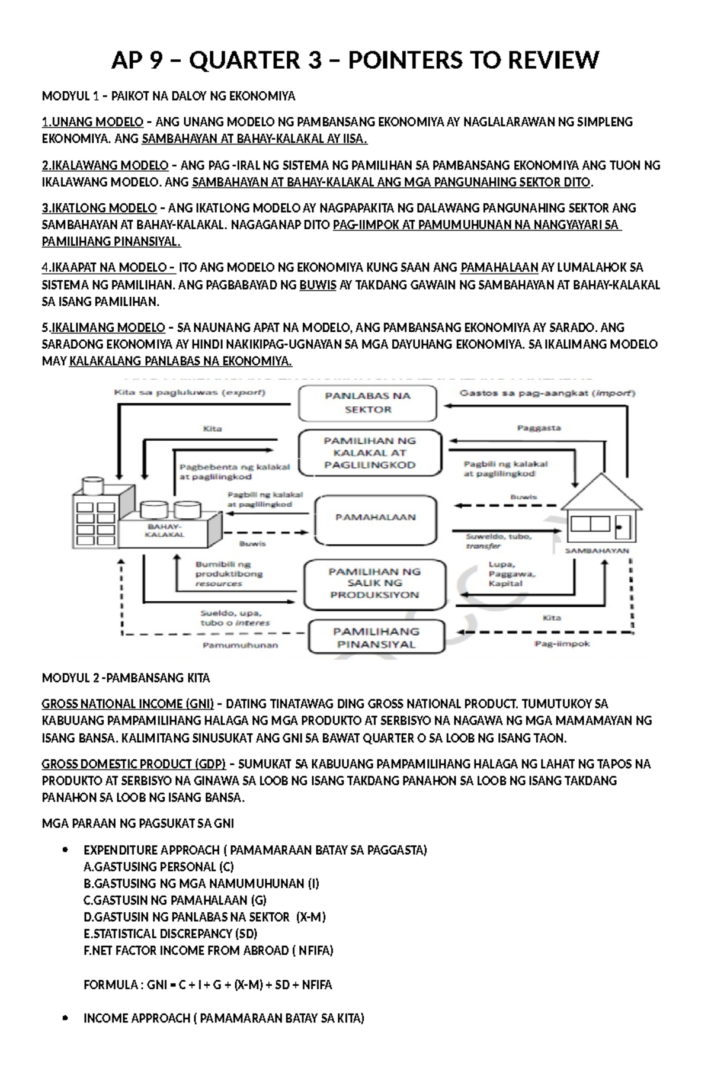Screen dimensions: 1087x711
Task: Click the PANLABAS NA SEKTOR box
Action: coord(367,403)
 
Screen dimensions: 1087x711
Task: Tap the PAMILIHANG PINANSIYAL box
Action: coord(376,637)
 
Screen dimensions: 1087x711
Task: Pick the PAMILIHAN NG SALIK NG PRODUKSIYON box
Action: coord(374,583)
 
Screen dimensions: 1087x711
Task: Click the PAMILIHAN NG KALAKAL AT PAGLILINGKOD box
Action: coord(370,453)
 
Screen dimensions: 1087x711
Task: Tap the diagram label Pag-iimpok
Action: coord(562,644)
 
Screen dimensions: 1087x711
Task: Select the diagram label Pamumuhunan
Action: coord(240,645)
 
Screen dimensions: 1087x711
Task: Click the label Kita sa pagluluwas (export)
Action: coord(190,392)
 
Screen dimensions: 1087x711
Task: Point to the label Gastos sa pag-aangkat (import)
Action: coord(547,392)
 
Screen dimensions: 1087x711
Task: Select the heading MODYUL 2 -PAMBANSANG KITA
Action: coord(126,678)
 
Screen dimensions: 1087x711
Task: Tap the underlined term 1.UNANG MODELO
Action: coord(92,122)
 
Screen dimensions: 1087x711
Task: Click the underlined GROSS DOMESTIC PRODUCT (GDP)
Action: coord(133,764)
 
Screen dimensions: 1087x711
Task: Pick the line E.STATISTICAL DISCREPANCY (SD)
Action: coord(171,934)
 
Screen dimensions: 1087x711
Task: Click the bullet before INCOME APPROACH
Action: coord(65,1019)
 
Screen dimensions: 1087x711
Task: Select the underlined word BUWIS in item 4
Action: coord(318,285)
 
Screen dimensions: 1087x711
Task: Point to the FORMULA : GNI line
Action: coord(207,985)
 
